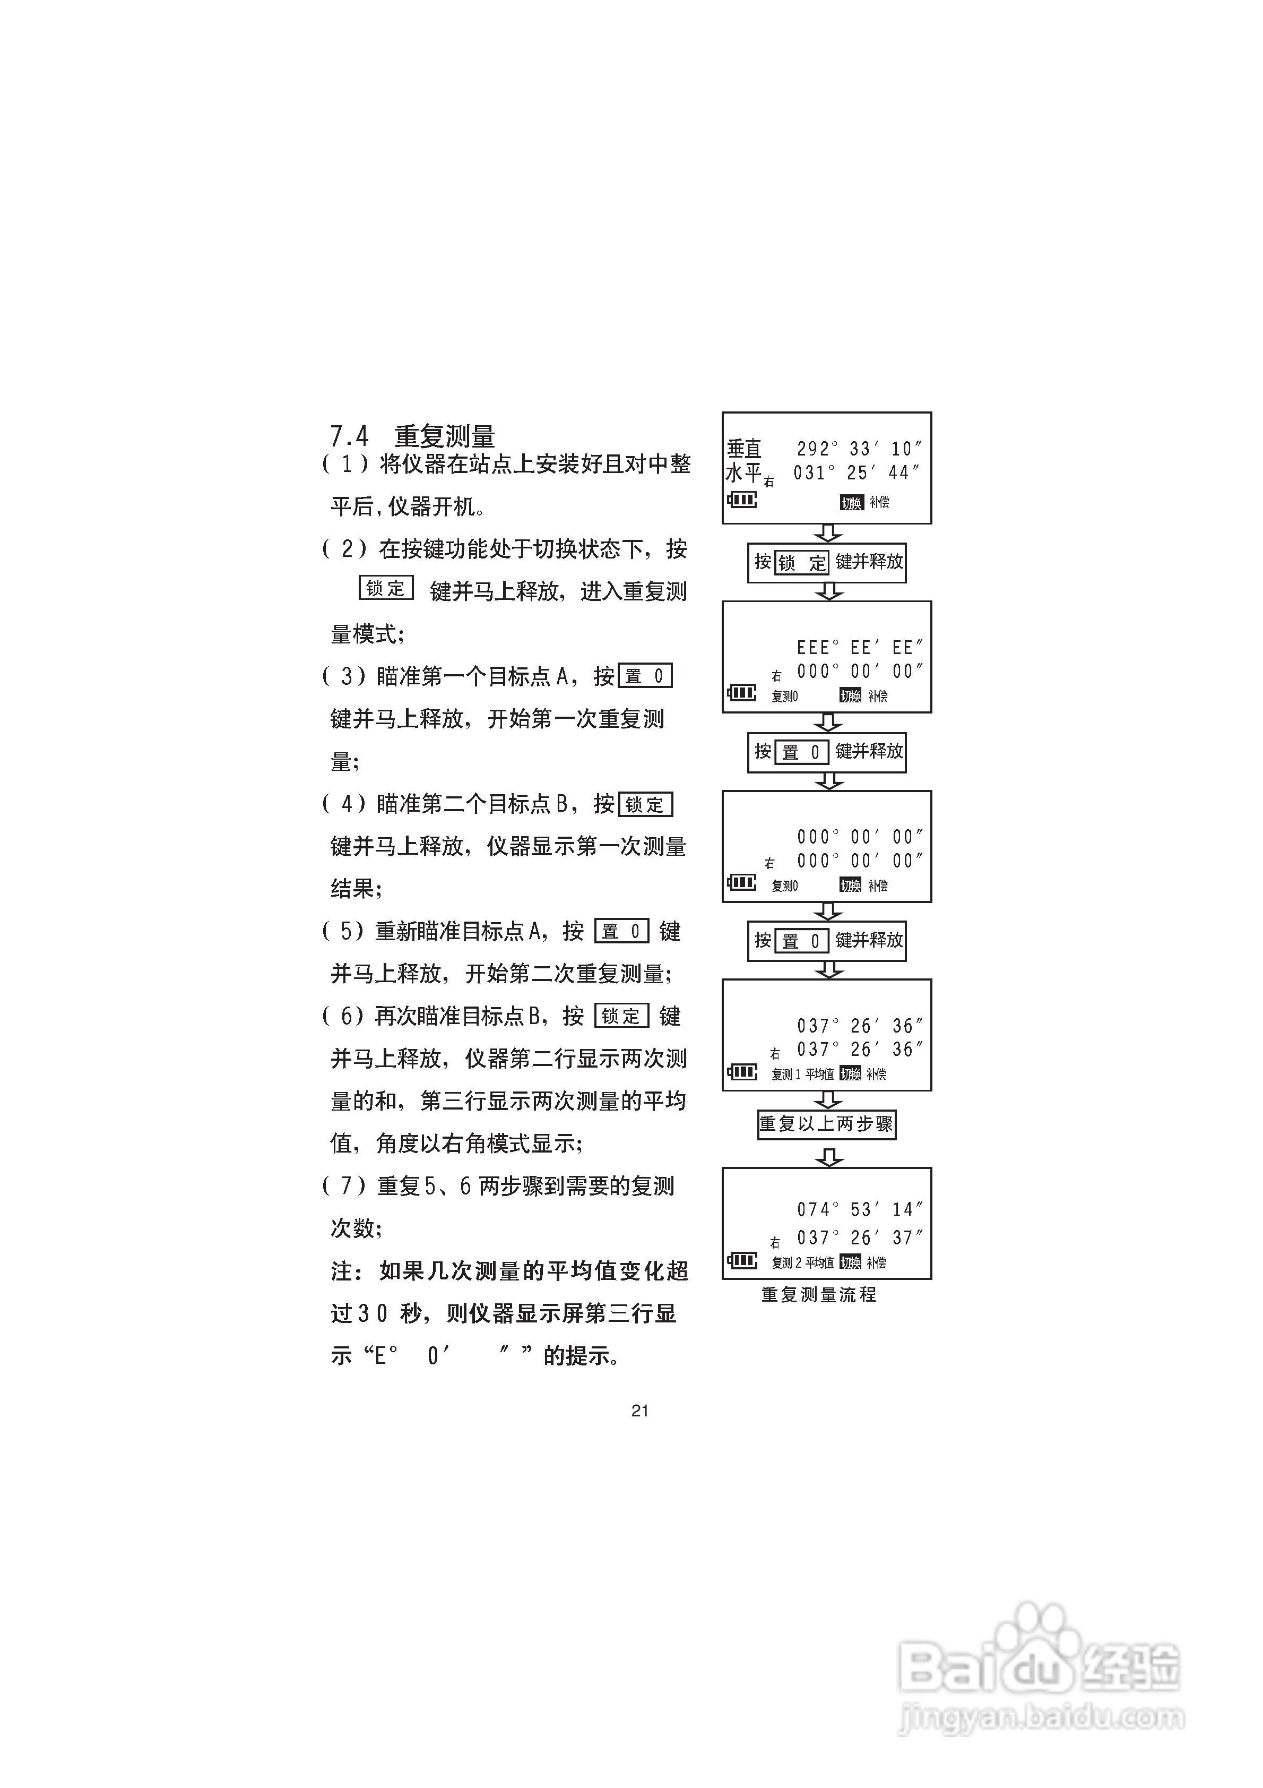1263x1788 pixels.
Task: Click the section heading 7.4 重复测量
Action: tap(413, 435)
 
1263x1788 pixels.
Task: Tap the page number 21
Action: tap(639, 1411)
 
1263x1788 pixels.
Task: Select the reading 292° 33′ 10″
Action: tap(859, 449)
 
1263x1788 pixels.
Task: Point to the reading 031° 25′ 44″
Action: tap(857, 472)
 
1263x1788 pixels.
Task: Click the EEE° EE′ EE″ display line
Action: tap(859, 648)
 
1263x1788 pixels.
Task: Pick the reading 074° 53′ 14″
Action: tap(859, 1209)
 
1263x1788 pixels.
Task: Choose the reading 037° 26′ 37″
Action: tap(859, 1237)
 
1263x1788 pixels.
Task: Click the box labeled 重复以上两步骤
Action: tap(826, 1124)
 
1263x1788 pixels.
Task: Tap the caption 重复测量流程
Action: tap(818, 1294)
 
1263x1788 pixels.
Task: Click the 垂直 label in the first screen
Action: tap(743, 449)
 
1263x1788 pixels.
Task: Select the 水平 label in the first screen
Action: tap(743, 472)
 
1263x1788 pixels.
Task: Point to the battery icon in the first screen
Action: tap(742, 499)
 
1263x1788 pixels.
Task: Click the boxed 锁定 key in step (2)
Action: tap(385, 588)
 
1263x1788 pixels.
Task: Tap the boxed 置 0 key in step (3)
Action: tap(645, 676)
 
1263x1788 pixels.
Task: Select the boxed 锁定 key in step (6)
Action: tap(621, 1016)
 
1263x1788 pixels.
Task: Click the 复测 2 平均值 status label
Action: tap(802, 1262)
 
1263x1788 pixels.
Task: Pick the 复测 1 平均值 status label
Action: tap(802, 1074)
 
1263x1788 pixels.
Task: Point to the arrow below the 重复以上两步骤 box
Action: tap(828, 1158)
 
